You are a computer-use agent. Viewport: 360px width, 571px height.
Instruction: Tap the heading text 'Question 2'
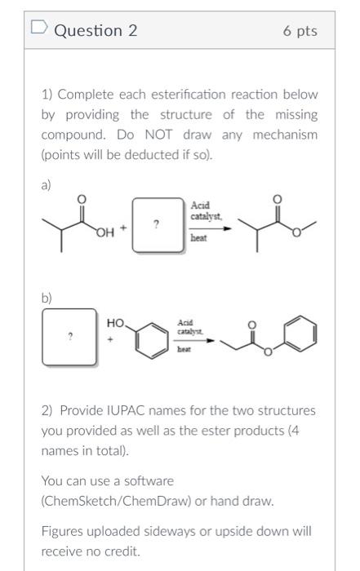click(96, 31)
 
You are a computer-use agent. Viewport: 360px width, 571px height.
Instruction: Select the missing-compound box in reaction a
click(155, 221)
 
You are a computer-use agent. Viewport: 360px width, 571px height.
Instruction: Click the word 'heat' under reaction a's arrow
click(199, 238)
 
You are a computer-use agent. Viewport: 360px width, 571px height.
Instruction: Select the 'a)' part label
click(47, 184)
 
